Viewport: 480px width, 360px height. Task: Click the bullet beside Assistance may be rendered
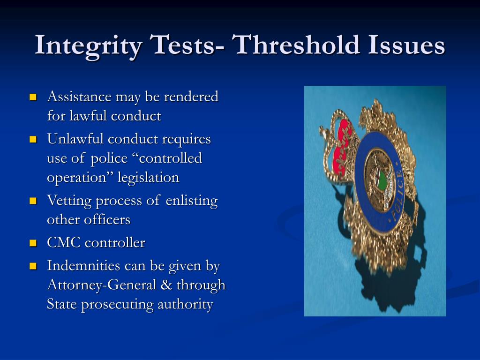(33, 97)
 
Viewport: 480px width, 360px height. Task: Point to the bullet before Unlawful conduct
(33, 140)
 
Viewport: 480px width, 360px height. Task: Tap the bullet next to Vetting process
(33, 202)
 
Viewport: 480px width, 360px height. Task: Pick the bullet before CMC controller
(33, 243)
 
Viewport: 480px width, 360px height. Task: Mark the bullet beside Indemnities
(33, 267)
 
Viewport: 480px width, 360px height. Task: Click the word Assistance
(79, 97)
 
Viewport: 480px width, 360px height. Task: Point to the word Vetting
(69, 201)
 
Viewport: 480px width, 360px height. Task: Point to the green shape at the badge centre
(383, 180)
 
